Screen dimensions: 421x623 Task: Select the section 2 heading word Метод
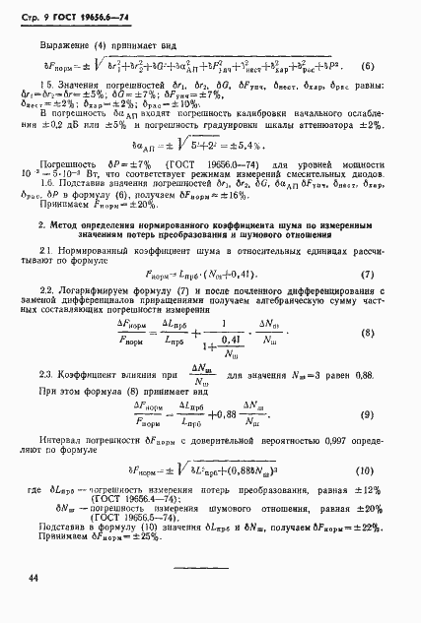66,225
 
